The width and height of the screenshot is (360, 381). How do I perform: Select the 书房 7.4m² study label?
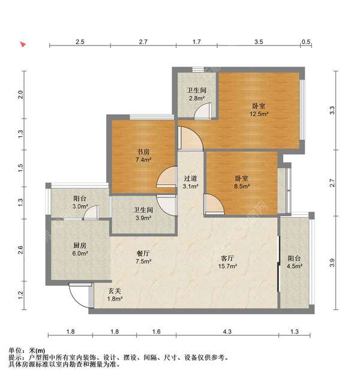click(143, 164)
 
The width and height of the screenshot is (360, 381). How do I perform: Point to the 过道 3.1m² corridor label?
click(191, 182)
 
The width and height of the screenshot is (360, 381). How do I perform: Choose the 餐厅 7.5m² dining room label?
click(142, 257)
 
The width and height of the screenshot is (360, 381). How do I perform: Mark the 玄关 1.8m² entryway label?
click(115, 295)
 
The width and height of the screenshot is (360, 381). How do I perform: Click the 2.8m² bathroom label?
click(196, 94)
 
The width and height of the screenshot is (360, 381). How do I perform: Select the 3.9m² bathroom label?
click(142, 214)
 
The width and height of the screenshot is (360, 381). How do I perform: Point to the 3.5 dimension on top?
click(259, 42)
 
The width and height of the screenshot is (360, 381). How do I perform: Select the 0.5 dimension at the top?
click(305, 42)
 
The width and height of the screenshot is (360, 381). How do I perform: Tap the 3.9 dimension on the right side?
click(332, 262)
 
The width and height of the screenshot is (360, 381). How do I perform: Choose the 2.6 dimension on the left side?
click(21, 250)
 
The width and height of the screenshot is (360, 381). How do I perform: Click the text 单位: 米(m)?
click(27, 350)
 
